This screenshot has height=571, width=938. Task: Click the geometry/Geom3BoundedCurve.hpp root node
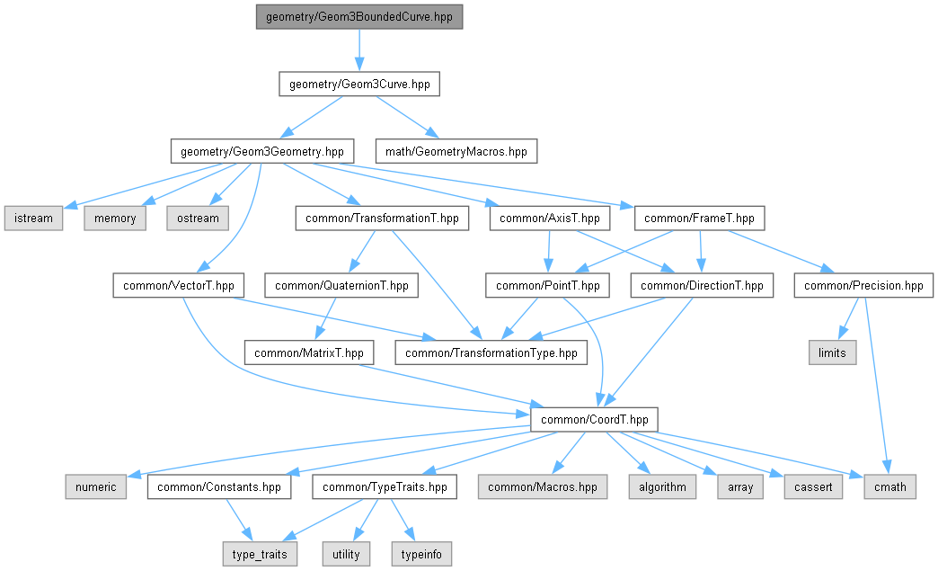(x=359, y=17)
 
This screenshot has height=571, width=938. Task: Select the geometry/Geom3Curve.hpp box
(x=359, y=85)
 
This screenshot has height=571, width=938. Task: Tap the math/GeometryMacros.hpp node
(x=456, y=151)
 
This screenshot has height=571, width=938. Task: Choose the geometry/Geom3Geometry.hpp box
(x=261, y=151)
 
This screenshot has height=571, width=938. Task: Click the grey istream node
(x=33, y=218)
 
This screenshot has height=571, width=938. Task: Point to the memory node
(x=114, y=218)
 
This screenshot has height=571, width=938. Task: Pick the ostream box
(x=197, y=218)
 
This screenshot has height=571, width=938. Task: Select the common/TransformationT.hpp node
(x=382, y=218)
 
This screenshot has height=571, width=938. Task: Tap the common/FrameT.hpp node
(x=700, y=218)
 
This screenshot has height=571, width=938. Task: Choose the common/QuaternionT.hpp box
(x=341, y=286)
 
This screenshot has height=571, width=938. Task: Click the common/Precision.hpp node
(x=863, y=286)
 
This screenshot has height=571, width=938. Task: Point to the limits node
(x=832, y=352)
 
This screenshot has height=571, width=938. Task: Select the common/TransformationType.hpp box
(x=491, y=352)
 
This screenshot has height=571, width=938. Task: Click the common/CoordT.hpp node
(x=594, y=419)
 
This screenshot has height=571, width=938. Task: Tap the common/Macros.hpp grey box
(x=542, y=486)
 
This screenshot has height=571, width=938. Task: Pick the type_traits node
(x=260, y=554)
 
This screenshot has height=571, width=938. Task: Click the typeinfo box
(x=420, y=554)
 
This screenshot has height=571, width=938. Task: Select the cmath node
(x=890, y=486)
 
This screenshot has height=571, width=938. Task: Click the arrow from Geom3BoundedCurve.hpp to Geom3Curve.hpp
(x=359, y=50)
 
